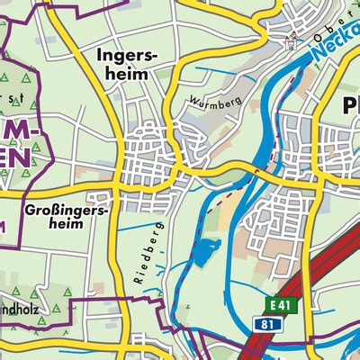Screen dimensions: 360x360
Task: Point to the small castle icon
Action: [291, 40]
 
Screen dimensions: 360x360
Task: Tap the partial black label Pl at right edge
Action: [352, 107]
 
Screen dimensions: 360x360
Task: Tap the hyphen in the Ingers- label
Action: [161, 57]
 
